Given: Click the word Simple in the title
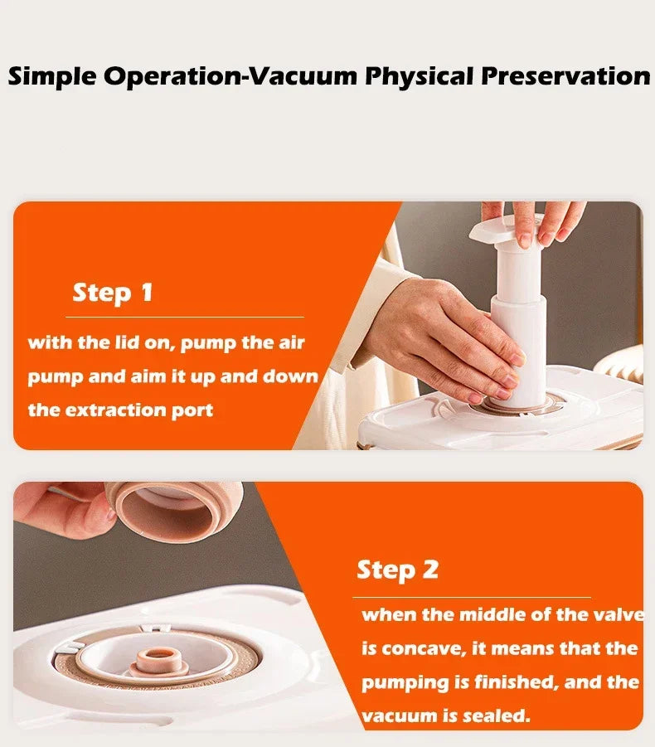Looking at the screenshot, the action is coord(52,77).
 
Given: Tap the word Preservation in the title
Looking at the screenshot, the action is coord(565,76).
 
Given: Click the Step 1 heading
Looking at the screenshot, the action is coord(113,292).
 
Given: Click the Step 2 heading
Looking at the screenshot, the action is coord(397,570).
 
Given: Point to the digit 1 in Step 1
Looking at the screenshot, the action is coord(147,292).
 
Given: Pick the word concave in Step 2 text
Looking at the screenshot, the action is coord(424,649).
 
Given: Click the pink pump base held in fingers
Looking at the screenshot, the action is coord(175,510).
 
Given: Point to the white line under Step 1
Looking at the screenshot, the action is coord(185,317).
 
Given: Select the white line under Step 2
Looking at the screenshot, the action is coord(472,597).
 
